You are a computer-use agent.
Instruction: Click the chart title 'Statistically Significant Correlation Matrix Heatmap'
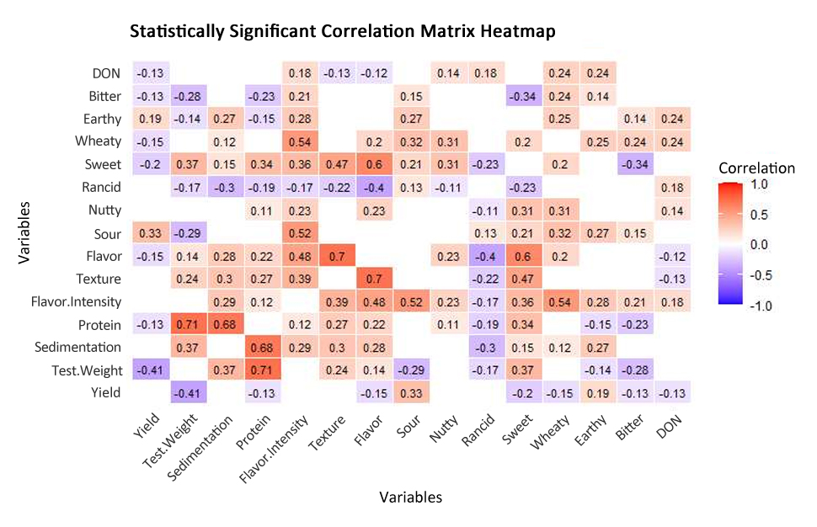pyautogui.click(x=342, y=31)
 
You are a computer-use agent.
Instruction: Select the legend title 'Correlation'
pyautogui.click(x=756, y=168)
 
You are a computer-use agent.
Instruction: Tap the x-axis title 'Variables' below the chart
pyautogui.click(x=410, y=497)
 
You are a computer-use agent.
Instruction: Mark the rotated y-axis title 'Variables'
pyautogui.click(x=25, y=232)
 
